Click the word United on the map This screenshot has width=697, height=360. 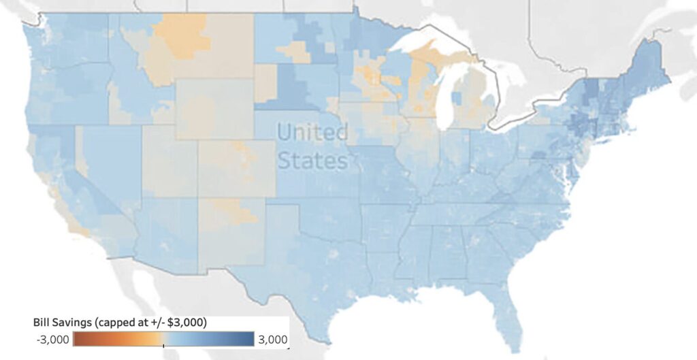312,132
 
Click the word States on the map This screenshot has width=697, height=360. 312,161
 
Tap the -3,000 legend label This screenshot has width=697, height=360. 52,339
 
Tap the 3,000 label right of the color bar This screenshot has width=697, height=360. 272,339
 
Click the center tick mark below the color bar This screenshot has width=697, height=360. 163,347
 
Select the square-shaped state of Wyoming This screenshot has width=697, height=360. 214,109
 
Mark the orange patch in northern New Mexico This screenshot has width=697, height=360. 231,211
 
